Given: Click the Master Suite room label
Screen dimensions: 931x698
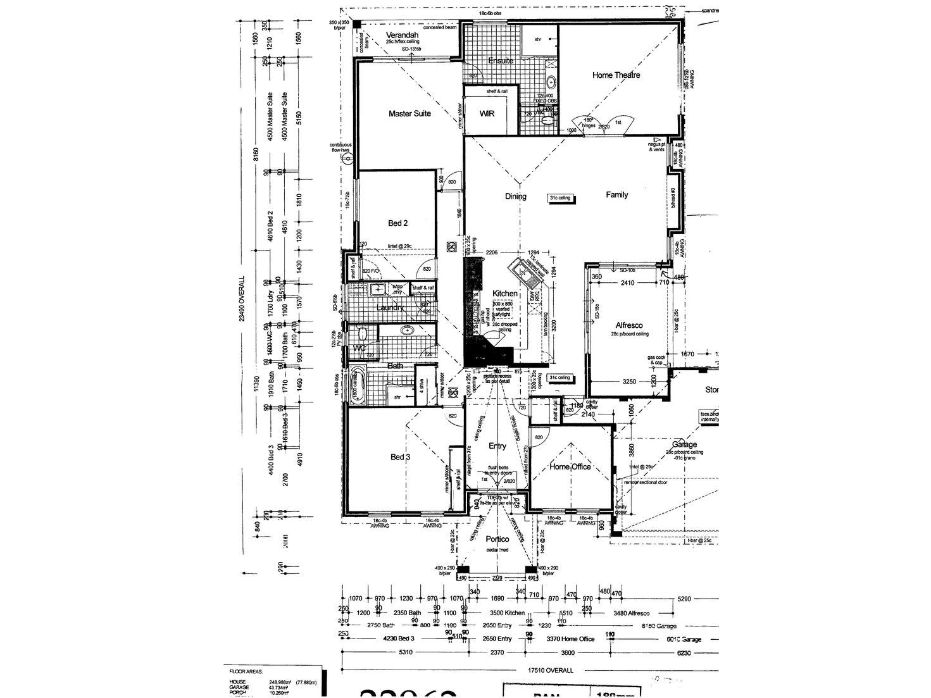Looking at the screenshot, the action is pos(409,114).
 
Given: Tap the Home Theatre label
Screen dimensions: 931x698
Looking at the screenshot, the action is pos(616,75).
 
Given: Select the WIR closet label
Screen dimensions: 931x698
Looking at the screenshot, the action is pos(487,114).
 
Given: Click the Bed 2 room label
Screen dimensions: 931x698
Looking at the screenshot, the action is pos(397,223).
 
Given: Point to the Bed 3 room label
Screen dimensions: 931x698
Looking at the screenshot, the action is pos(401,458).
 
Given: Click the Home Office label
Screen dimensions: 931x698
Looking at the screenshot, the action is pos(570,467).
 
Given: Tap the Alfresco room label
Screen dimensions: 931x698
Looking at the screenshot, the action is pos(629,325).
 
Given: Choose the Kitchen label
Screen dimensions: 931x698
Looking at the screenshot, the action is pos(505,294).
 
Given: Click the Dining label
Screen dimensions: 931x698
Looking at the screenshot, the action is pos(515,196).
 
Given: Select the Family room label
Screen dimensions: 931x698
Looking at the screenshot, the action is pos(616,195).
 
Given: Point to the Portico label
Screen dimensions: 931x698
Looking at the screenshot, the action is pos(497,540).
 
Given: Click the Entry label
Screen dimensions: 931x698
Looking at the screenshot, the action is pos(497,446).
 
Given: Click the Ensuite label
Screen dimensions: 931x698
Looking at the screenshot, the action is pos(501,61).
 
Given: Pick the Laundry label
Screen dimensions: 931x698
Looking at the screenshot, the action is pos(390,308).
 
